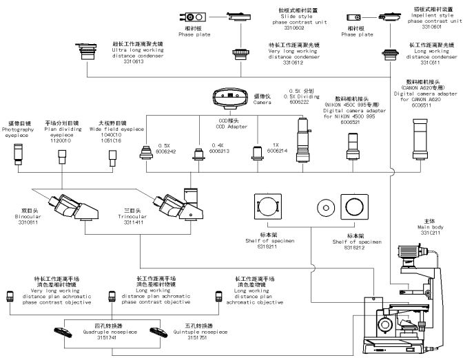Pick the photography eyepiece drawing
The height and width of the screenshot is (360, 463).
click(19, 156)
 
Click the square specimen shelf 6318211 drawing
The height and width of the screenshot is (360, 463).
click(267, 206)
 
